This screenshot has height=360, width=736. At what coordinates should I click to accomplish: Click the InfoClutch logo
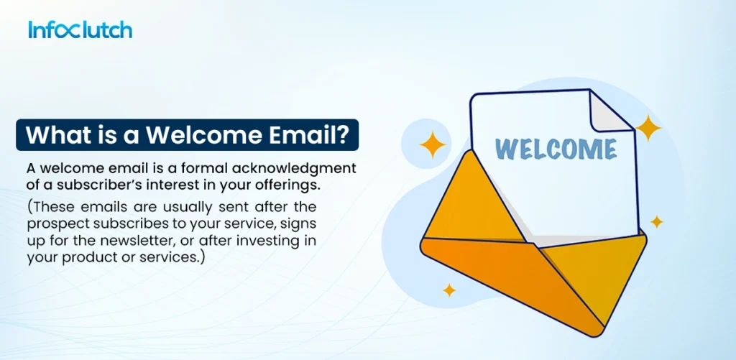(x=80, y=30)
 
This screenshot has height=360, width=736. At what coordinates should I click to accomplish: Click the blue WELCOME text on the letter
(x=556, y=149)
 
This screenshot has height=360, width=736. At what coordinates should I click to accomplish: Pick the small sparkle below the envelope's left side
(x=449, y=290)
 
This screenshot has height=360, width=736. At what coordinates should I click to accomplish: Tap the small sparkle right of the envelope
(x=656, y=221)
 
